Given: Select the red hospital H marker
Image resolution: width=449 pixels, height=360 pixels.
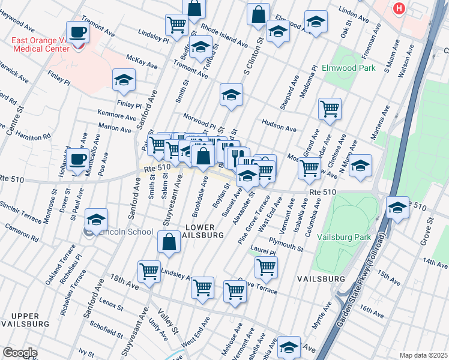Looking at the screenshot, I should pyautogui.click(x=399, y=9).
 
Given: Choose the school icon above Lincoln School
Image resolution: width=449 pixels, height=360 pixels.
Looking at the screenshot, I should pyautogui.click(x=96, y=220).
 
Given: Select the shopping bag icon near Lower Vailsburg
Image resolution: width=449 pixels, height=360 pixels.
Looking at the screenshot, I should pyautogui.click(x=169, y=242).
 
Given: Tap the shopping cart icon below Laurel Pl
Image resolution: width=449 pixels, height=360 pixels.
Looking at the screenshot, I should pyautogui.click(x=266, y=267).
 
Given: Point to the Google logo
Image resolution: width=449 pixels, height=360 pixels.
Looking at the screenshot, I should pyautogui.click(x=20, y=352).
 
